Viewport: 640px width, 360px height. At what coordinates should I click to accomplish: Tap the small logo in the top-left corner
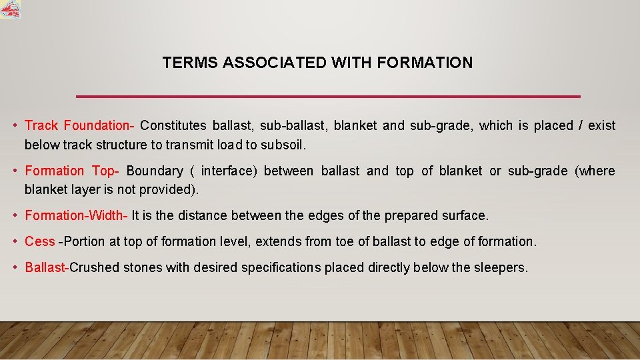pyautogui.click(x=10, y=9)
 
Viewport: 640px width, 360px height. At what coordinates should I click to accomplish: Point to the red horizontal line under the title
pyautogui.click(x=328, y=97)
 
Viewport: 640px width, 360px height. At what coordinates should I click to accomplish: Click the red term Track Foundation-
pyautogui.click(x=80, y=125)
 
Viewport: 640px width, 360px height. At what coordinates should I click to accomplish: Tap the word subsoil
pyautogui.click(x=285, y=144)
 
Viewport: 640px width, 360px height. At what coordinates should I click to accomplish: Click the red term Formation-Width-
pyautogui.click(x=76, y=215)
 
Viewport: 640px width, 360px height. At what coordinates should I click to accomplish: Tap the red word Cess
pyautogui.click(x=39, y=241)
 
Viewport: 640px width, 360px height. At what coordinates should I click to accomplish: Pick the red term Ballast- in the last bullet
pyautogui.click(x=47, y=267)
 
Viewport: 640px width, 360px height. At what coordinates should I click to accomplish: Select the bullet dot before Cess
pyautogui.click(x=15, y=241)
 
